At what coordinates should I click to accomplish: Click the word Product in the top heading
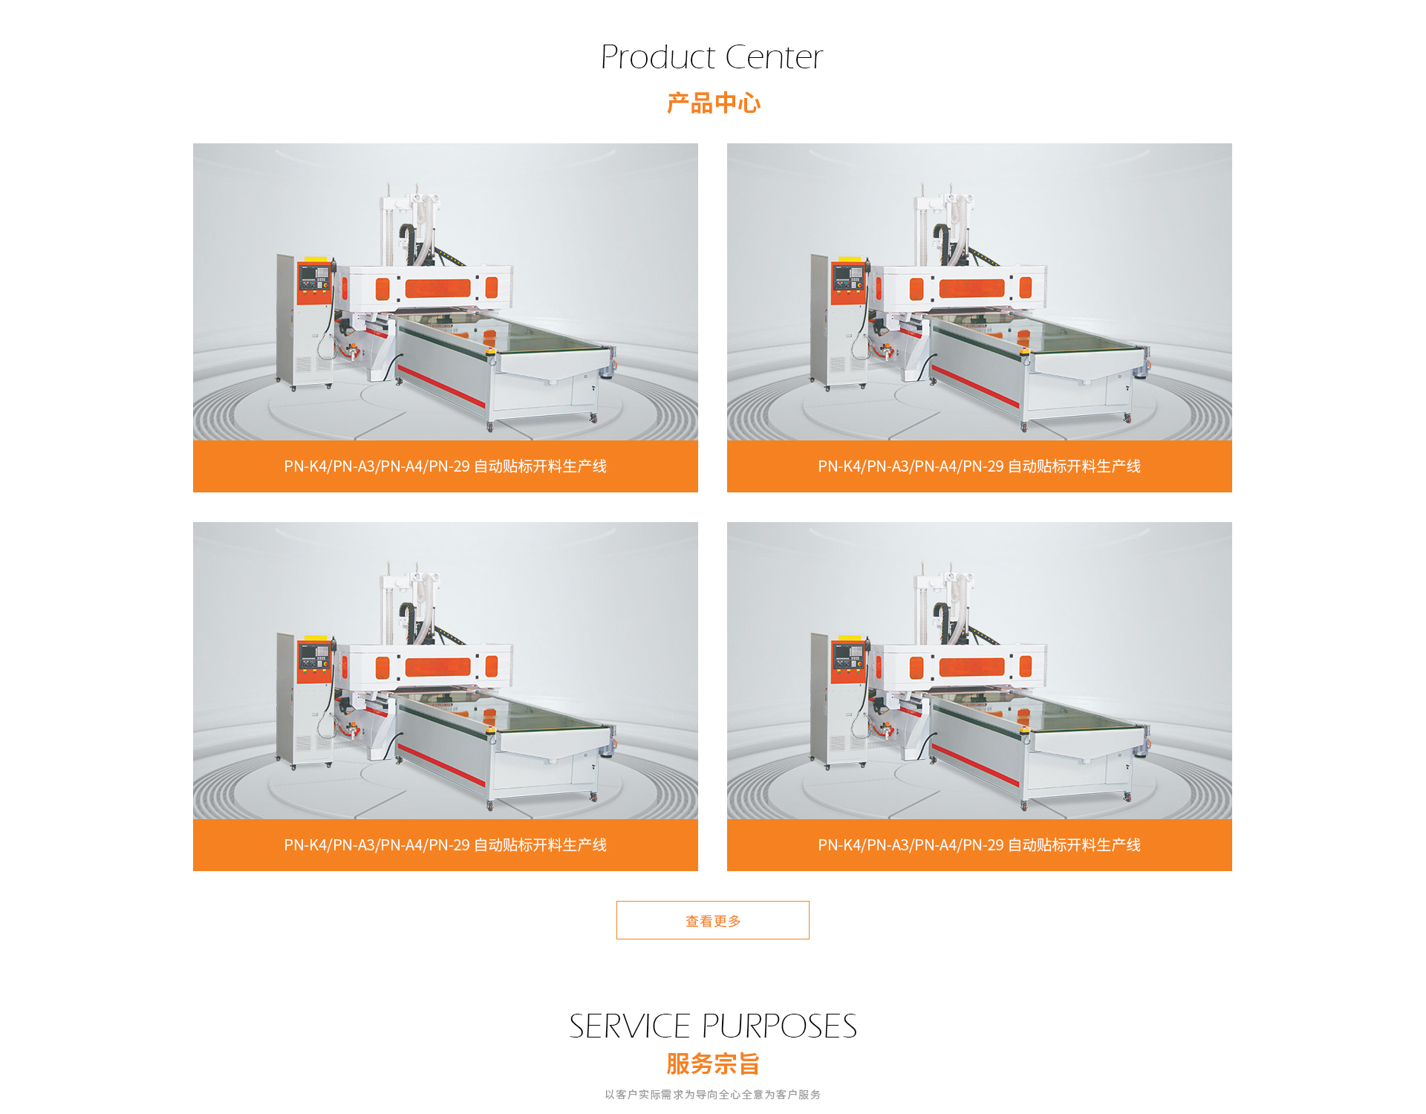tap(658, 57)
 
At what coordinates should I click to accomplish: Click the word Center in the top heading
tap(775, 57)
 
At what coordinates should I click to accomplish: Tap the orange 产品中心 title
tap(713, 102)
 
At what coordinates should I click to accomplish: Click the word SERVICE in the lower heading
tap(630, 1026)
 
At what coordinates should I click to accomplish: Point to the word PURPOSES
tap(780, 1026)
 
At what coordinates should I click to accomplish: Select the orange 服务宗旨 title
tap(713, 1063)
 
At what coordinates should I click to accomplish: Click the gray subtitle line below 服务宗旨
tap(713, 1095)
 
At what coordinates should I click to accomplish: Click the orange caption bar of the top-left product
tap(446, 466)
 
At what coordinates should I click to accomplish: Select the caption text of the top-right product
tap(979, 466)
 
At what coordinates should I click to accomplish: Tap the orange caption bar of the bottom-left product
tap(446, 845)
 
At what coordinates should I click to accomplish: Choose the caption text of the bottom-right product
tap(979, 845)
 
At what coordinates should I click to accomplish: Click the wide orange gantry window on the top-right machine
tap(971, 287)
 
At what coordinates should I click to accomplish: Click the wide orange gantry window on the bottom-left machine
tap(437, 666)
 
